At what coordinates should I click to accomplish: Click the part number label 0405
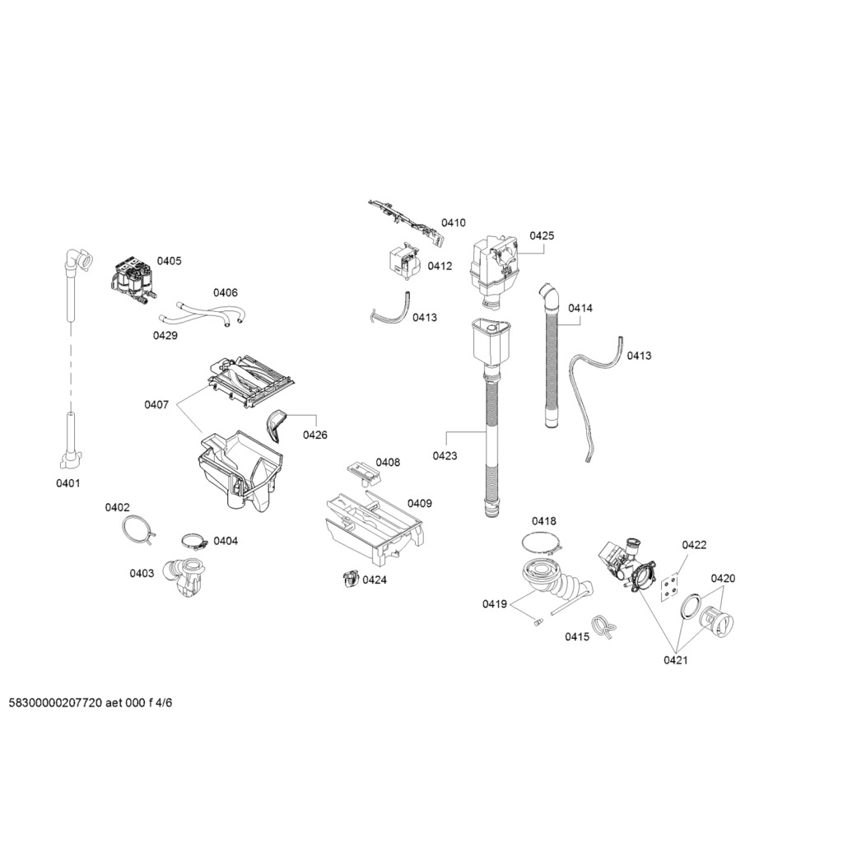[x=169, y=261]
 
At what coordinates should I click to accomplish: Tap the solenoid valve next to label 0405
[x=132, y=277]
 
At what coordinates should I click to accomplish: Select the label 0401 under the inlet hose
[x=68, y=483]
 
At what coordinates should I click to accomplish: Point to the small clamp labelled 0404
[x=194, y=543]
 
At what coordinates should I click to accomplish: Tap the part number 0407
[x=156, y=404]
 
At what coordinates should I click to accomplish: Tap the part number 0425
[x=542, y=235]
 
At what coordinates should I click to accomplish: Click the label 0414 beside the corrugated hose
[x=580, y=308]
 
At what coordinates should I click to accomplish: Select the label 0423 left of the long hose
[x=445, y=455]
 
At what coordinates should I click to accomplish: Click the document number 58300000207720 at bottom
[x=55, y=703]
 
